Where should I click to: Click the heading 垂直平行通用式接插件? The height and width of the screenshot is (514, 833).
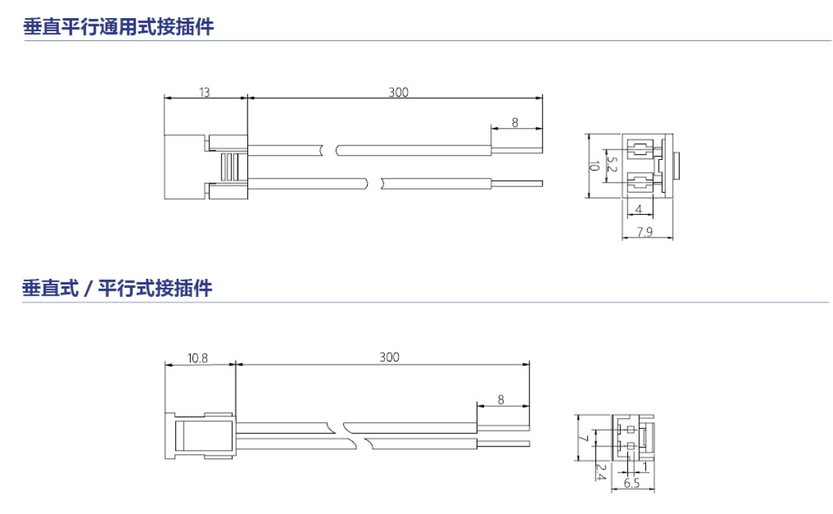coord(119,26)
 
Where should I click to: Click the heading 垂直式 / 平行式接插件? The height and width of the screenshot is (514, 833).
coord(117,288)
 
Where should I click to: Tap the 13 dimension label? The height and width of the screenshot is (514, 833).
coord(204,92)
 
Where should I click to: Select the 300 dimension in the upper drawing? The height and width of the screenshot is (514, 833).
coord(399,92)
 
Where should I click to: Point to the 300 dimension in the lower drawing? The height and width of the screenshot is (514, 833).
coord(390,357)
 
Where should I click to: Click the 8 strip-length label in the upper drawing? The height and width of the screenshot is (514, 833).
coord(515,123)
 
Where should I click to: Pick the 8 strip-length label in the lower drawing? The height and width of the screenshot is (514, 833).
coord(501,400)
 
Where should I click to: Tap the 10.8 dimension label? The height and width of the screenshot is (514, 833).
coord(197,358)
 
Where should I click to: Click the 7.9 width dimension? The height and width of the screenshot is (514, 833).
coord(645,232)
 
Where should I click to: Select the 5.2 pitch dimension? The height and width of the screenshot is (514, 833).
coord(611,164)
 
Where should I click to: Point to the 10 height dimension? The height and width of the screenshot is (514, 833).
coord(595,166)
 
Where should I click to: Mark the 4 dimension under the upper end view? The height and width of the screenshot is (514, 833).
coord(639,209)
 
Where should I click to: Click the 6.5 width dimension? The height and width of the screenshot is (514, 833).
coord(632,483)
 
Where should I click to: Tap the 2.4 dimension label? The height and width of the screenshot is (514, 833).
coord(600,472)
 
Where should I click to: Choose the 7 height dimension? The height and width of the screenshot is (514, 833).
coord(584,439)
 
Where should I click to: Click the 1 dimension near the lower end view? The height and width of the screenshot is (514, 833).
coord(645,467)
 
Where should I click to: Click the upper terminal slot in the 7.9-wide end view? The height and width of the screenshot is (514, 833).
coord(641,149)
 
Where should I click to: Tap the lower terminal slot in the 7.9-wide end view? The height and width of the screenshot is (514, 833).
coord(641,183)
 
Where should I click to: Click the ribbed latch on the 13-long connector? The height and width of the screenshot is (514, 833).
coord(230,166)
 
